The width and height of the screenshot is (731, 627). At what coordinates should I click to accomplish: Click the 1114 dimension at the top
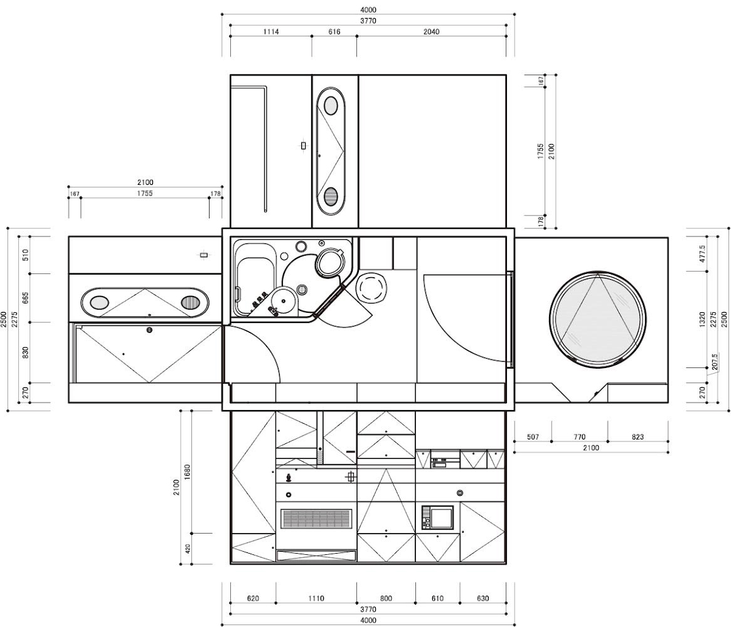[x=271, y=32]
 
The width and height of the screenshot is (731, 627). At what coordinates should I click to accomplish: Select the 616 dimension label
[x=334, y=32]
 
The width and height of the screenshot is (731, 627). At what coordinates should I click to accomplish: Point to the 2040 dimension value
[x=431, y=32]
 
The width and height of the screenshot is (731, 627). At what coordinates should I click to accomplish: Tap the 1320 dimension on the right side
[x=702, y=320]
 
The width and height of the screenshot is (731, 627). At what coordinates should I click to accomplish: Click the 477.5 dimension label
[x=702, y=255]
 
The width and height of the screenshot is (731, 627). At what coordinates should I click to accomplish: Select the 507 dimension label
[x=533, y=437]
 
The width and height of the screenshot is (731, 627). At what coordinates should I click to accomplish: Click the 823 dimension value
[x=638, y=437]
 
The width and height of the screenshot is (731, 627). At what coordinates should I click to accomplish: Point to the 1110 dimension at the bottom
[x=316, y=599]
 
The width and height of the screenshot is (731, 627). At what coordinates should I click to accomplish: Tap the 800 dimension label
[x=386, y=599]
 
